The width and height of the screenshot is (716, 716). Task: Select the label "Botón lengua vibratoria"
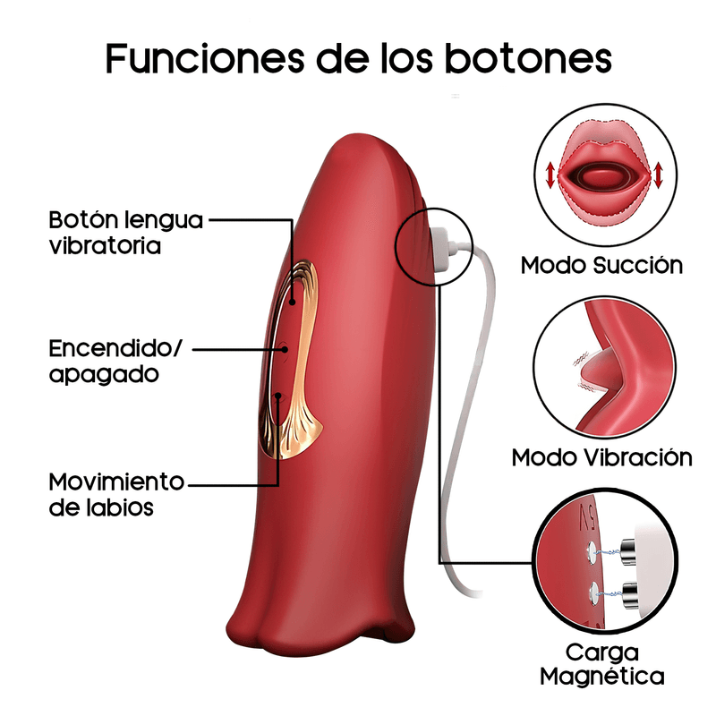coord(125,232)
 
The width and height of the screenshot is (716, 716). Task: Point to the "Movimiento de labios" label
coord(116,494)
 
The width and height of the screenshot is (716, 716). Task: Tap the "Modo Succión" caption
coord(601,265)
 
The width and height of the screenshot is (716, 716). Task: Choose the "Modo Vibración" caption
coord(601,457)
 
